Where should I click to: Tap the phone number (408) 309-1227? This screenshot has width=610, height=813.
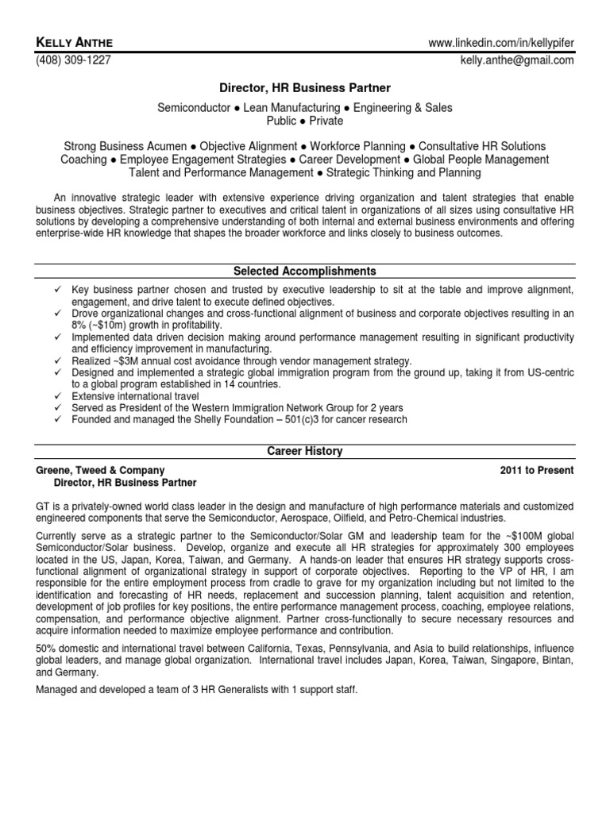72,58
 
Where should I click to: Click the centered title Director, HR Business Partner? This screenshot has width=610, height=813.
305,91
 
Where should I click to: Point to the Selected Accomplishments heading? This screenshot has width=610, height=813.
305,271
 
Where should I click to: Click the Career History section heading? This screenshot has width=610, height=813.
305,451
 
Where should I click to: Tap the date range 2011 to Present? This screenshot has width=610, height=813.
536,470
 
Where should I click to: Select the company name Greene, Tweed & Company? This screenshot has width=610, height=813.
101,470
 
